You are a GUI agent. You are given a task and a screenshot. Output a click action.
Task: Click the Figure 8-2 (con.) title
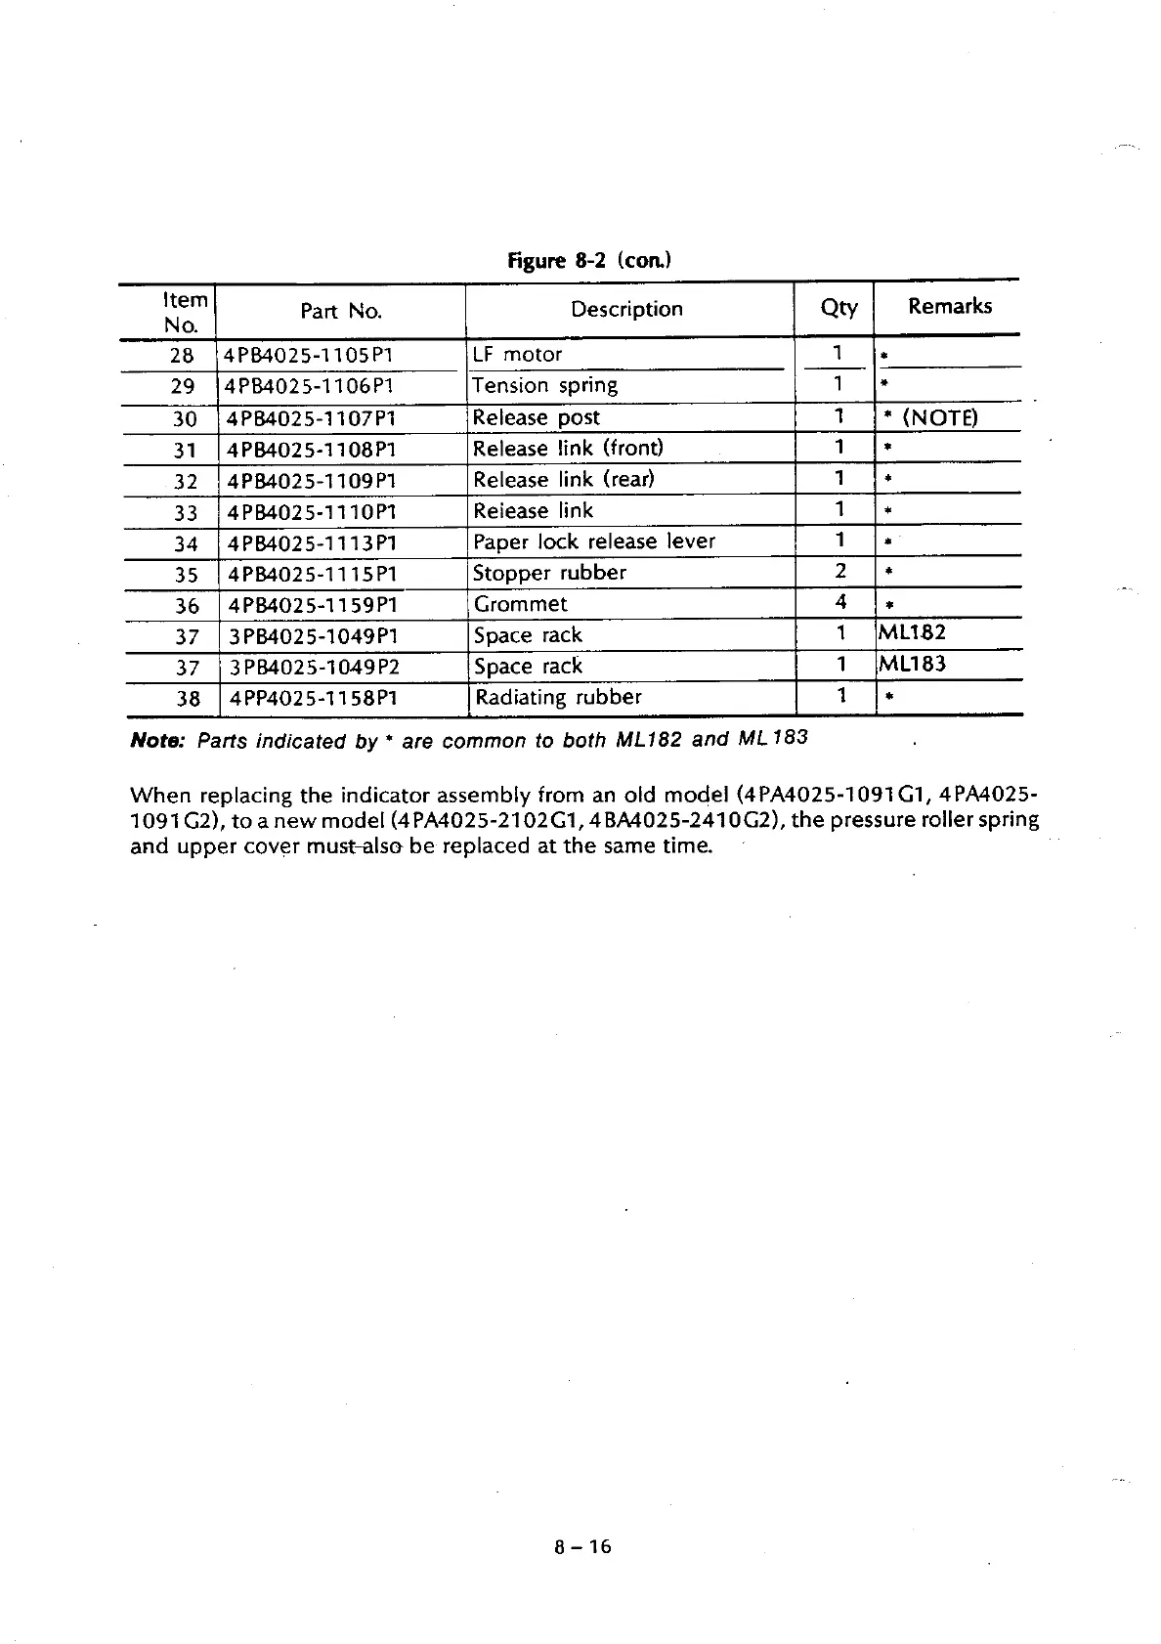coord(589,260)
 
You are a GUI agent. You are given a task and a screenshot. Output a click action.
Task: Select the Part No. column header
coord(340,312)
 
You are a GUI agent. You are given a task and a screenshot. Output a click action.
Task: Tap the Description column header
coord(626,310)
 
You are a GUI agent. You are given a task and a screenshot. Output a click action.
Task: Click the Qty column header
coord(838,308)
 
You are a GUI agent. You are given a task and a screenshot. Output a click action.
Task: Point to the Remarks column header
coord(949,307)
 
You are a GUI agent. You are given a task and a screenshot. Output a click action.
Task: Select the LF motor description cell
coord(517,354)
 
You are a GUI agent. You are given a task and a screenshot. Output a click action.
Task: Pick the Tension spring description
coord(544,385)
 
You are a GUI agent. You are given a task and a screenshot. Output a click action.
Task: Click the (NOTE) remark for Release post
coord(939,418)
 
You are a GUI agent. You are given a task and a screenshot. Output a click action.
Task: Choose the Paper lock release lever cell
coord(594,541)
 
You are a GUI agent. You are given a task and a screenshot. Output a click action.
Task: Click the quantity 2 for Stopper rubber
coord(839,571)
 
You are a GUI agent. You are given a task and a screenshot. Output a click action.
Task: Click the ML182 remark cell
coord(912,633)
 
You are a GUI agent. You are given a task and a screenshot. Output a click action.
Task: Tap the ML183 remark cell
coord(912,665)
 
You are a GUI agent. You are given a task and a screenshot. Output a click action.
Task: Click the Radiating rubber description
coord(558,698)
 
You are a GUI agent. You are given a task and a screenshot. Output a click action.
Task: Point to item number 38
coord(187,699)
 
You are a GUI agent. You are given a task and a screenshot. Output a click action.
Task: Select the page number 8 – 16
coord(581,1546)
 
